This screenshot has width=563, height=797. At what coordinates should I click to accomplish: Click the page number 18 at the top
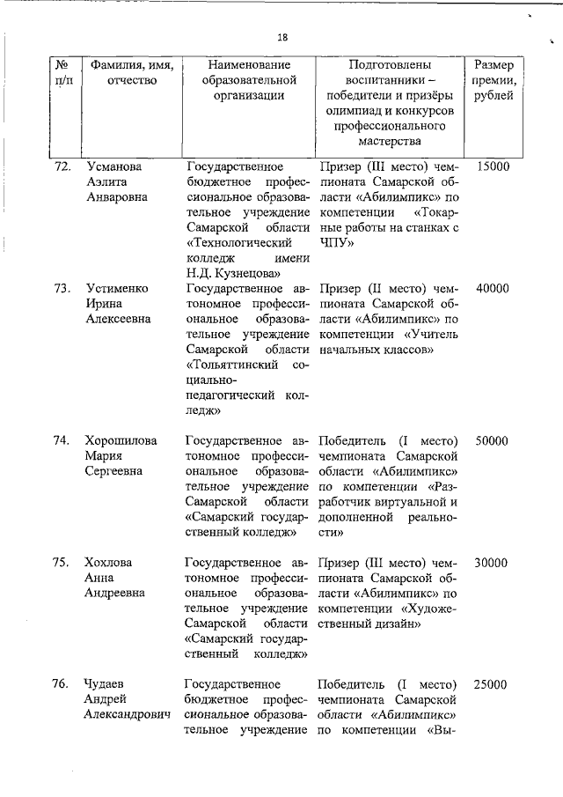281,37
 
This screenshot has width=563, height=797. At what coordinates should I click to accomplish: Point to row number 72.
62,166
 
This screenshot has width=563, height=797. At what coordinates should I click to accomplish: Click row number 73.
62,288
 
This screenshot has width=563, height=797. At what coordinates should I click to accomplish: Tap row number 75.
62,563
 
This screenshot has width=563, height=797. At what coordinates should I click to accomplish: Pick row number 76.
62,684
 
